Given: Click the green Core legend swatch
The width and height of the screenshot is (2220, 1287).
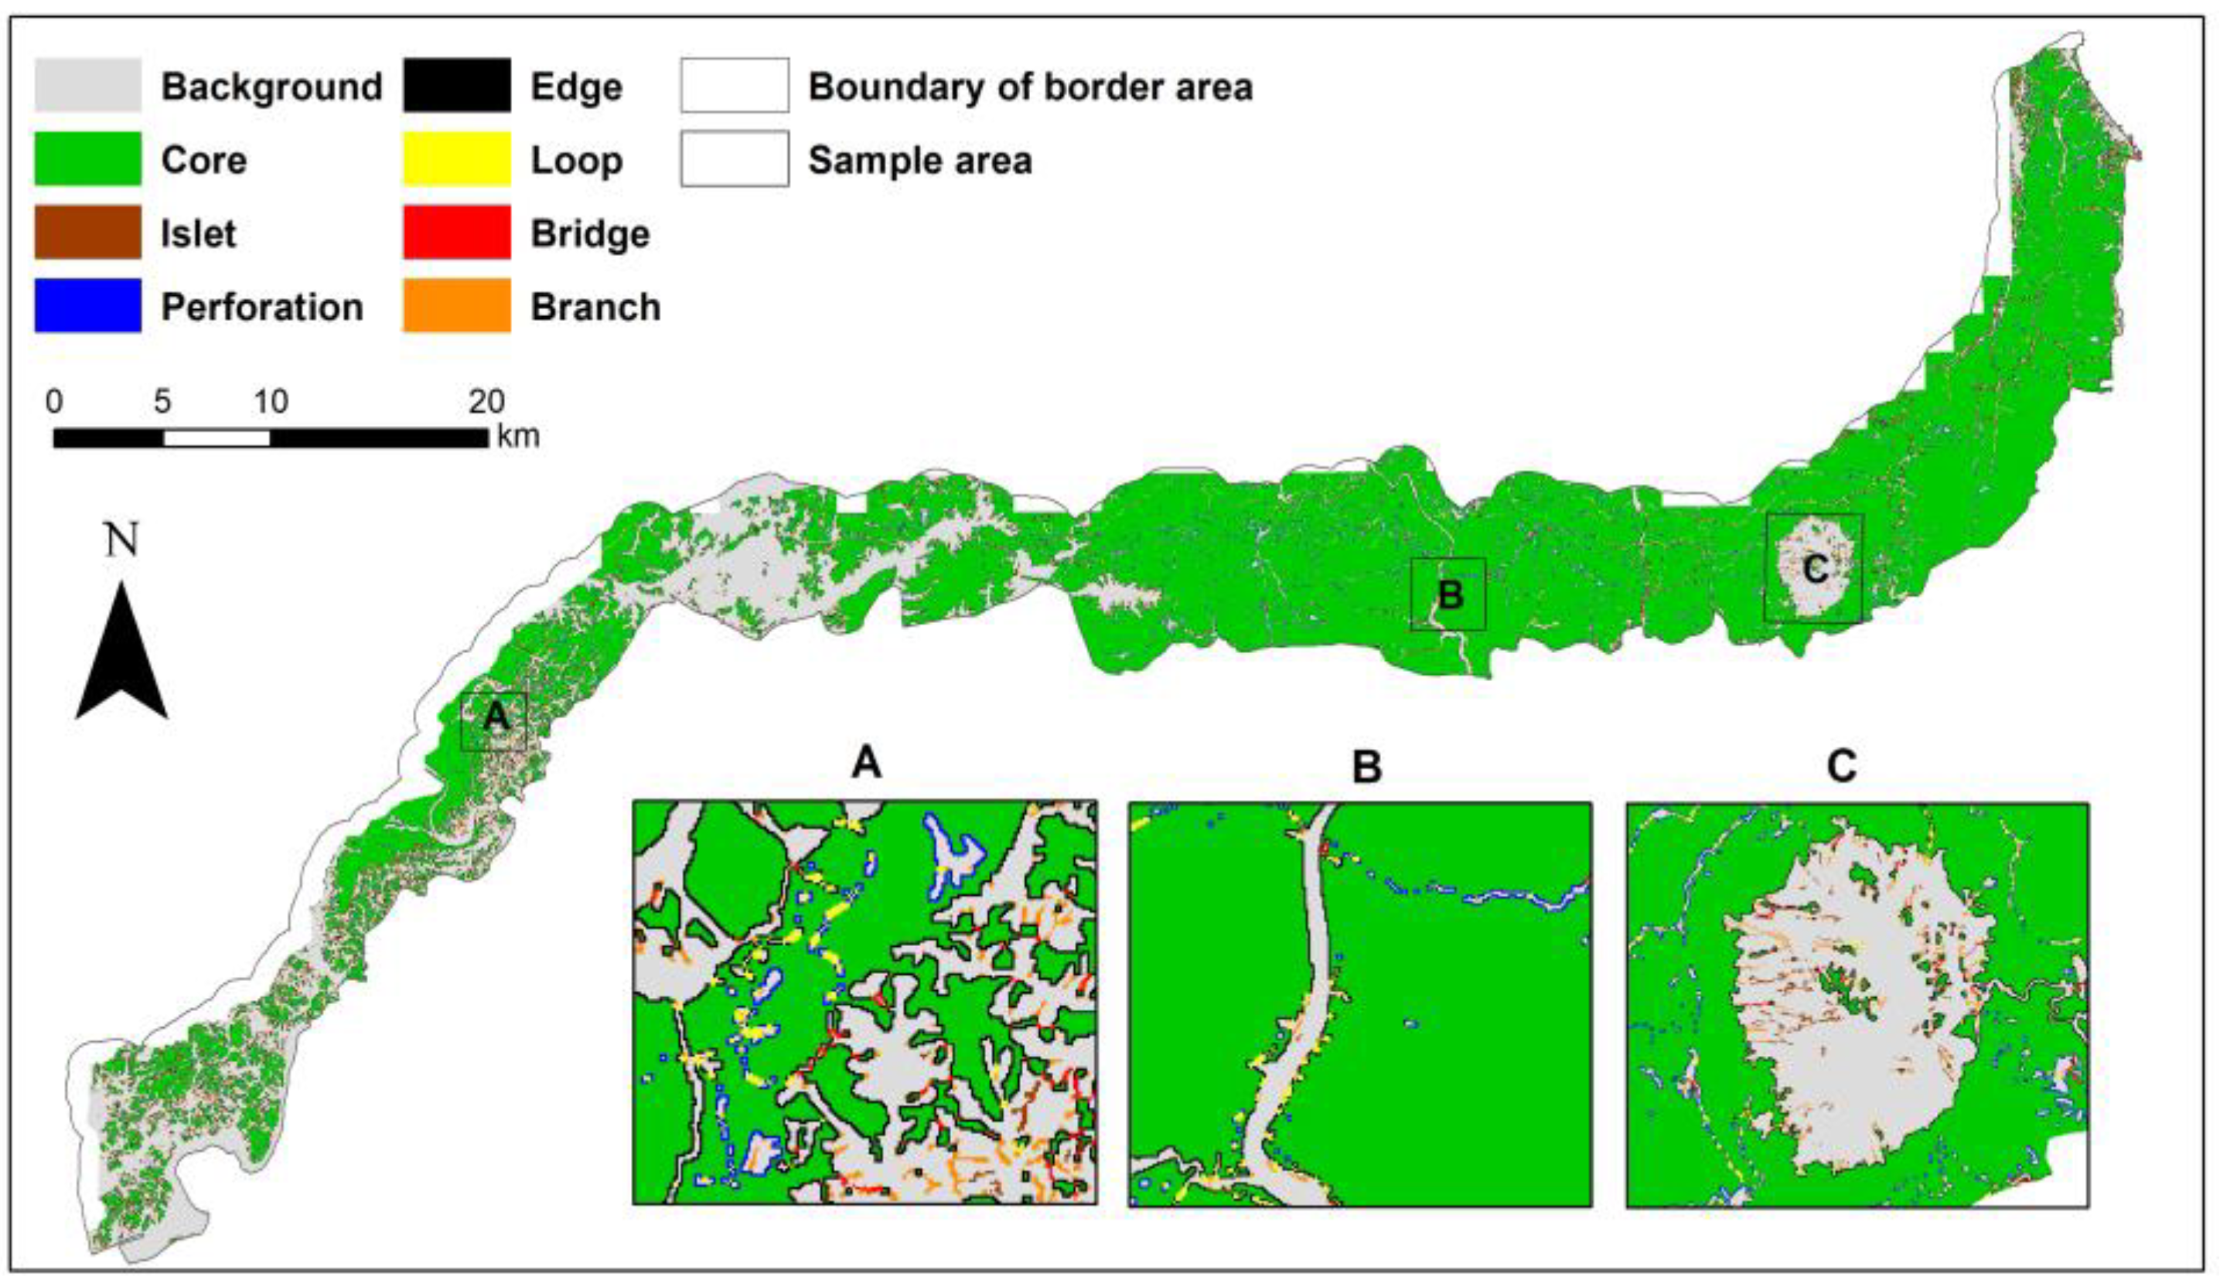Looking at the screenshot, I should (87, 158).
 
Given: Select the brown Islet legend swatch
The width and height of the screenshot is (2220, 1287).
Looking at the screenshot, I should (87, 233).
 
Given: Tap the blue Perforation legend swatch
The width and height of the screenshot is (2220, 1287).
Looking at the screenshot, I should (87, 305).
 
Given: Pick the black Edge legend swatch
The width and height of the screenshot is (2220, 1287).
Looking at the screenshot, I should (456, 86).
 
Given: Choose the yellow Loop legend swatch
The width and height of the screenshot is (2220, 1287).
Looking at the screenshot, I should (456, 158).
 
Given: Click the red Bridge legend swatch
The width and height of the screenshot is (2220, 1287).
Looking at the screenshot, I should (456, 233).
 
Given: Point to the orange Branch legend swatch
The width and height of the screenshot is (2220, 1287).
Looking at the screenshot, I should (456, 305).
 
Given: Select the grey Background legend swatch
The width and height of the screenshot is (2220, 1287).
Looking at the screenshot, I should (87, 86).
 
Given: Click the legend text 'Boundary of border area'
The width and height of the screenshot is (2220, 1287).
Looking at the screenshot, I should (1030, 87).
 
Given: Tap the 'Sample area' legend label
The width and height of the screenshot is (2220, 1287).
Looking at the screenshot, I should (919, 160).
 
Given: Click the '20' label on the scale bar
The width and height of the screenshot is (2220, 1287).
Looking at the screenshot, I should (486, 402).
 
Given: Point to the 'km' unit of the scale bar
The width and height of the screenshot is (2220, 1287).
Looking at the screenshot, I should (518, 435).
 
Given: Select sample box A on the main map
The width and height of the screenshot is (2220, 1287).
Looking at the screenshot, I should (494, 720).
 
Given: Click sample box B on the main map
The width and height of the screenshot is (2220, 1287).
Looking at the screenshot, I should (1448, 594).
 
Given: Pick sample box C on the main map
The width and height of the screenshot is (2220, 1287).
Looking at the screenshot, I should (1814, 568).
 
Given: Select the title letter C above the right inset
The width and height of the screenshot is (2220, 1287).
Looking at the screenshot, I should (1841, 766).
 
